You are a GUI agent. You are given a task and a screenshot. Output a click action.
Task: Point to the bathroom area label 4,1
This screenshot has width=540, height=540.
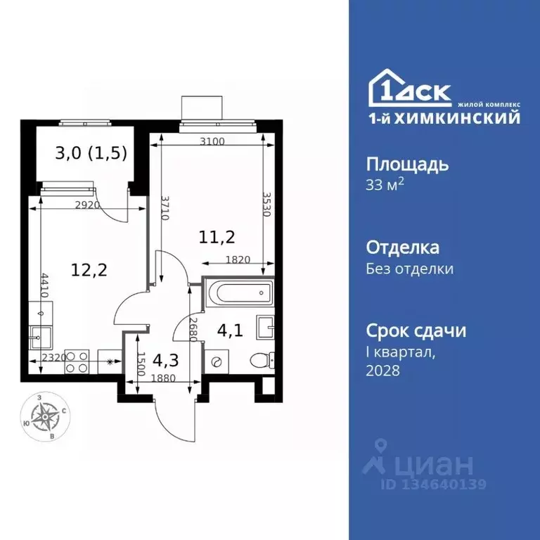229,330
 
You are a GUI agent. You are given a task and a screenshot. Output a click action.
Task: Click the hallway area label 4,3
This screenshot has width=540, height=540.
165,359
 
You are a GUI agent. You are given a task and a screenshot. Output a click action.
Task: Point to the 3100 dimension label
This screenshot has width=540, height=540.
212,141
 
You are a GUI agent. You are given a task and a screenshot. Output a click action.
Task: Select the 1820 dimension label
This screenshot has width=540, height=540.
238,259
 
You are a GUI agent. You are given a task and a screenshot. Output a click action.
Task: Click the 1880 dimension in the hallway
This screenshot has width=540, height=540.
163,378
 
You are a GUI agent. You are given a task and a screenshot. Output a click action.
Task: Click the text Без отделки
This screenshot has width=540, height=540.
410,269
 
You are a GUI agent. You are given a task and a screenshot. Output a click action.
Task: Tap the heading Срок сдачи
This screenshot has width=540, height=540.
416,330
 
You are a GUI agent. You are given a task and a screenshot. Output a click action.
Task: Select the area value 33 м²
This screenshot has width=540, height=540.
385,186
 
